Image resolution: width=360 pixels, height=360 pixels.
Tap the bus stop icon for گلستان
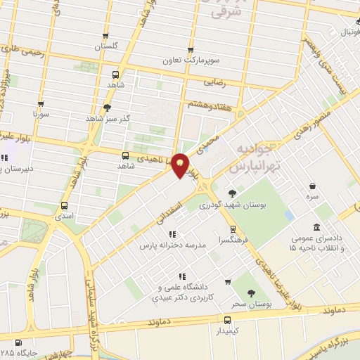[105, 36]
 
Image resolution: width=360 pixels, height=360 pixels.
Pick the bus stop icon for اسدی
[65, 206]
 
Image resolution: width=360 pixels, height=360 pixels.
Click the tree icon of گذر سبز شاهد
[106, 108]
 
